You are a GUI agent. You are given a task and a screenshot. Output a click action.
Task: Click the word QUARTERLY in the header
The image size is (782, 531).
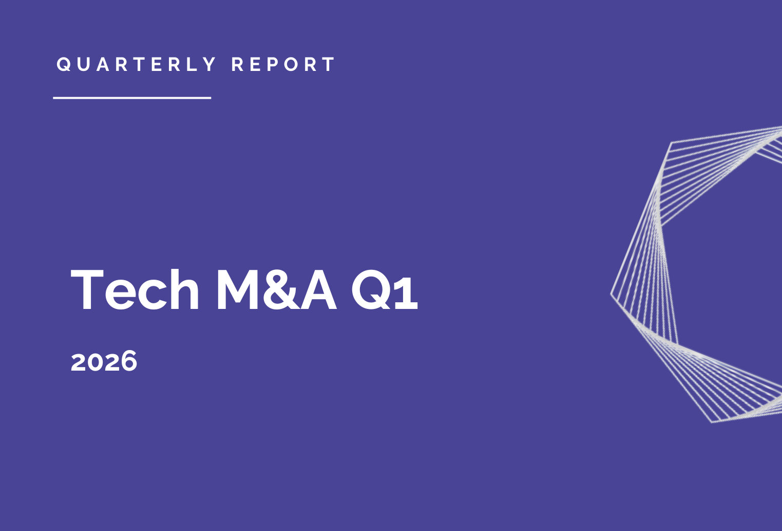[136, 64]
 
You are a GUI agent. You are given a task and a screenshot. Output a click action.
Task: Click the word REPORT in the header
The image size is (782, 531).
[283, 64]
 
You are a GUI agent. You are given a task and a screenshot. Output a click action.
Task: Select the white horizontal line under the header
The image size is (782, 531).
[132, 98]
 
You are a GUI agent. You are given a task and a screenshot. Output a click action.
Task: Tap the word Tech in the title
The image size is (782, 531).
[135, 289]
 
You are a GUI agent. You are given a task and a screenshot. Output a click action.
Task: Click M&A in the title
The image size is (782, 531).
[276, 289]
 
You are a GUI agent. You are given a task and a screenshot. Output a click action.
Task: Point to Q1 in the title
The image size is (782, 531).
[385, 290]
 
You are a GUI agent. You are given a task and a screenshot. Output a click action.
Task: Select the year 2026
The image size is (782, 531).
[104, 361]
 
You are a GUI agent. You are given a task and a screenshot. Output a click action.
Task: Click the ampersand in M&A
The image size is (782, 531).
[281, 289]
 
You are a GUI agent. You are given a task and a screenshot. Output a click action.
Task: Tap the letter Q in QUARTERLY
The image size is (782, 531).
[64, 64]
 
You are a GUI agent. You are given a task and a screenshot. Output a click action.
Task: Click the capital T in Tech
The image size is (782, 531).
[87, 289]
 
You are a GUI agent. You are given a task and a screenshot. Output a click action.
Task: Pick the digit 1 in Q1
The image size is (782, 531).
[407, 290]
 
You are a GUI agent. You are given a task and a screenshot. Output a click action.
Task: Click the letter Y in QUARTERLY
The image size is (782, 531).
[209, 64]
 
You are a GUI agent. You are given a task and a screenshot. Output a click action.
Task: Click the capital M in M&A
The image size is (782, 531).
[238, 289]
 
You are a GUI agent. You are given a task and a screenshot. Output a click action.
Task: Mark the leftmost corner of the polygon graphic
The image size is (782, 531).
[611, 294]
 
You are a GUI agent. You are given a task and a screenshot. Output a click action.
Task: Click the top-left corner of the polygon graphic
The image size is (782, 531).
[671, 142]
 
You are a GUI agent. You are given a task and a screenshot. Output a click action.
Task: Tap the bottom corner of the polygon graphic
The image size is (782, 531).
[712, 423]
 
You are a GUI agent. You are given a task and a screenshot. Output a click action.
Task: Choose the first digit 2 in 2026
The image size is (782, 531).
[79, 361]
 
